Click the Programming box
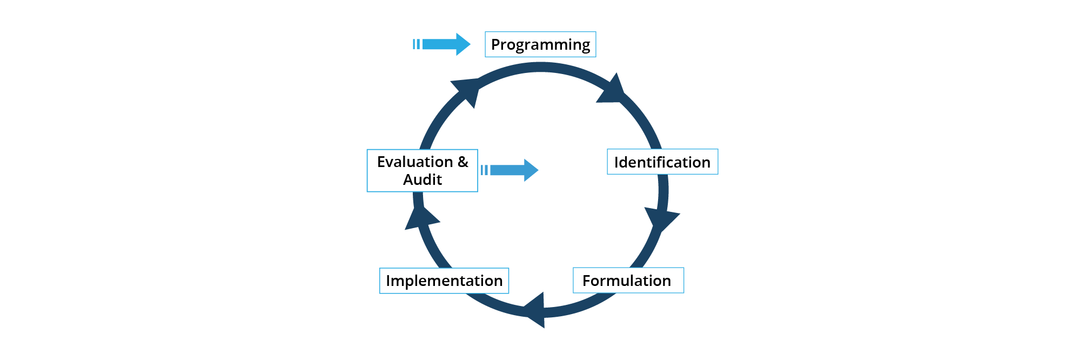[x=540, y=44]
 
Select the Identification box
[x=662, y=162]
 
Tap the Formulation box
[x=628, y=281]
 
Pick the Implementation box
[x=444, y=281]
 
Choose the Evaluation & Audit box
[x=423, y=170]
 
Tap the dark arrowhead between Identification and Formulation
[x=662, y=219]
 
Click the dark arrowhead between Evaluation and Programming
[x=467, y=91]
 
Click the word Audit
[x=423, y=179]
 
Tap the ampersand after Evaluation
[x=463, y=162]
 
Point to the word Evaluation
[x=415, y=162]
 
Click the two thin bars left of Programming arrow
[x=416, y=44]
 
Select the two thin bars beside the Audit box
[x=484, y=170]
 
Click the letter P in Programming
[x=495, y=44]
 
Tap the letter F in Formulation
[x=587, y=281]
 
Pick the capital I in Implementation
[x=388, y=281]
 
